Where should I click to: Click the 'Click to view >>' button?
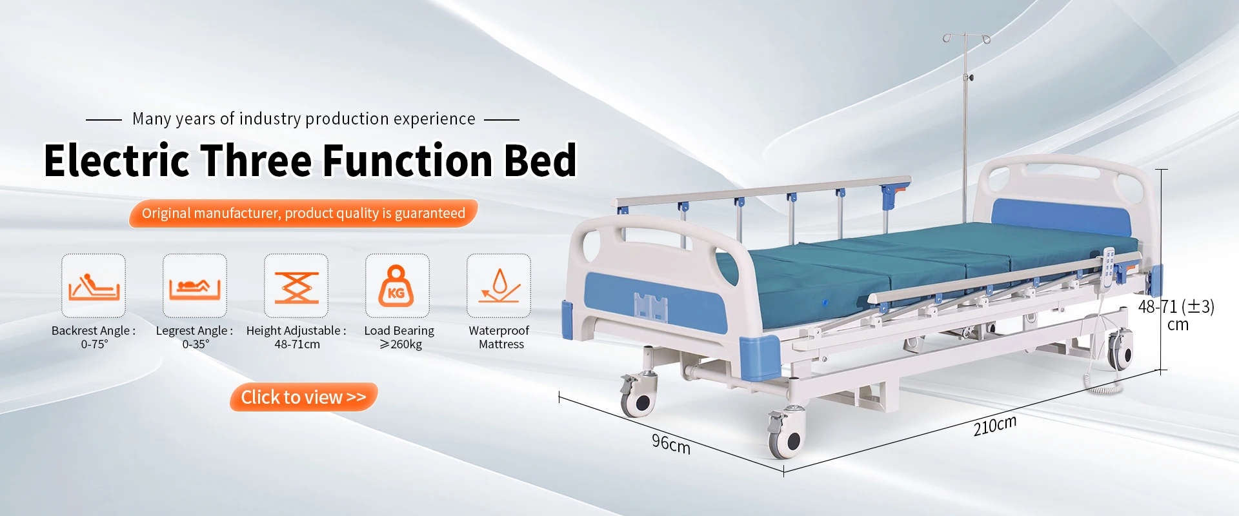coord(303,397)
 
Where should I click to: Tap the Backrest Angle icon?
coord(94,286)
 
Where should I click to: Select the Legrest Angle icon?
coord(195,286)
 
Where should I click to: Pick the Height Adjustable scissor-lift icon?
coord(296,286)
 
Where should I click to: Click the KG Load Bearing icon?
coord(398,286)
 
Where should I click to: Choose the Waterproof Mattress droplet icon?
coord(499,286)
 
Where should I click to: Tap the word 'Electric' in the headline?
coord(117,161)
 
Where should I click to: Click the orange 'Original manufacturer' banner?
coord(303,213)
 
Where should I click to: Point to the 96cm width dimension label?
coord(671,444)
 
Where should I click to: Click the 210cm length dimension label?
coord(995,425)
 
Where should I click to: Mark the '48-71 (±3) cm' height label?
coord(1176,315)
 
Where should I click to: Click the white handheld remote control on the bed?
coord(1109,264)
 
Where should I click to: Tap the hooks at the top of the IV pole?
coord(966,38)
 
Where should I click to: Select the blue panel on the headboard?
coord(1062,219)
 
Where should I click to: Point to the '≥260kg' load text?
coord(401,344)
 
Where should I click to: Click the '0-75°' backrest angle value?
coord(94,344)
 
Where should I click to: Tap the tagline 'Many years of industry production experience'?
coord(303,119)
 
